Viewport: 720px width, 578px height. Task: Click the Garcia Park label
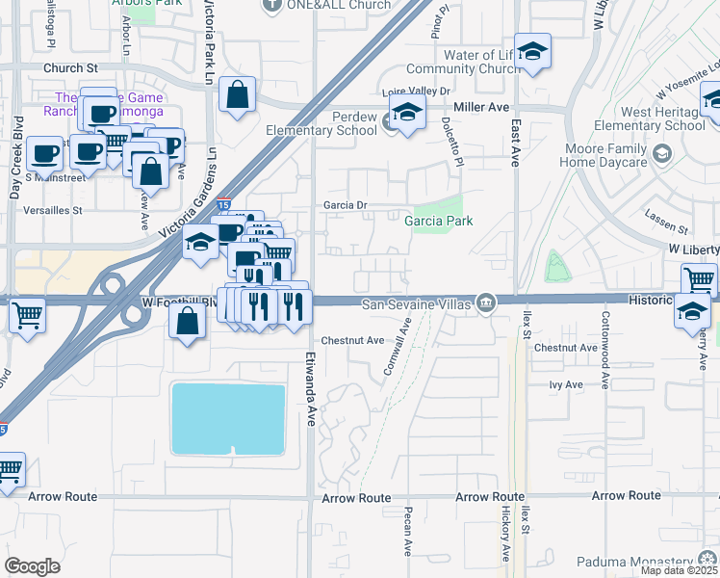click(438, 221)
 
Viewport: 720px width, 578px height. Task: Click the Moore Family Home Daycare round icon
click(661, 154)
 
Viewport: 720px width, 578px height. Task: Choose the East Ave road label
click(516, 144)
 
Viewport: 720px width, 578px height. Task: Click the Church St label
click(70, 69)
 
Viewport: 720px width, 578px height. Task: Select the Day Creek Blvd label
click(14, 173)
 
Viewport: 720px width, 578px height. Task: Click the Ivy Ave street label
click(566, 384)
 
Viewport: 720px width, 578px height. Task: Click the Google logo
click(32, 565)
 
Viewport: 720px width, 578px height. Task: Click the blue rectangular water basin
click(229, 418)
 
